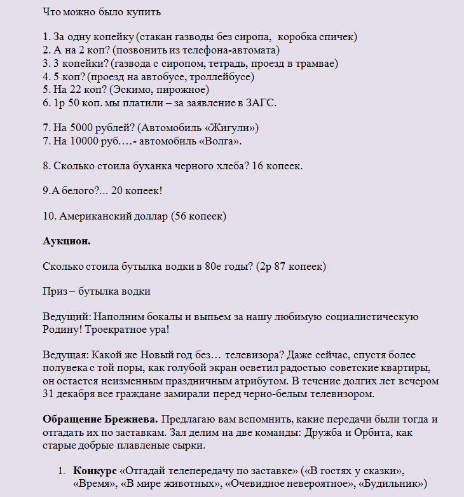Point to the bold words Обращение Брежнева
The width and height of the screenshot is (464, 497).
point(100,419)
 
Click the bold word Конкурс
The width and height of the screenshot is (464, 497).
point(95,470)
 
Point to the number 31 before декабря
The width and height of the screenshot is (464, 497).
point(48,394)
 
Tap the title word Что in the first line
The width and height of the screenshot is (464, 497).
point(51,11)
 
